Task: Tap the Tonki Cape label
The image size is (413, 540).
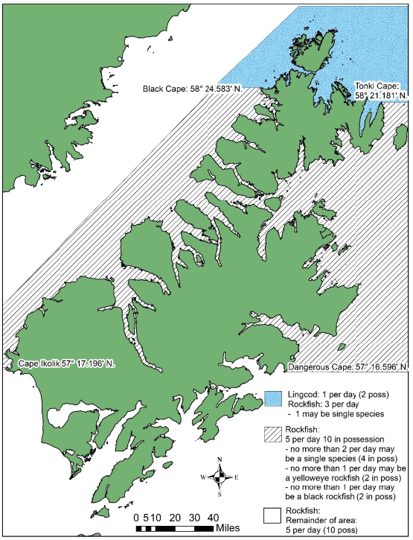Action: coord(382,90)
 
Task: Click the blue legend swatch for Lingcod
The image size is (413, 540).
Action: coord(272,396)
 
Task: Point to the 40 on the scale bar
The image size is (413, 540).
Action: coord(212,517)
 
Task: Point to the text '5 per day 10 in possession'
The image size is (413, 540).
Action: coord(339,439)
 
